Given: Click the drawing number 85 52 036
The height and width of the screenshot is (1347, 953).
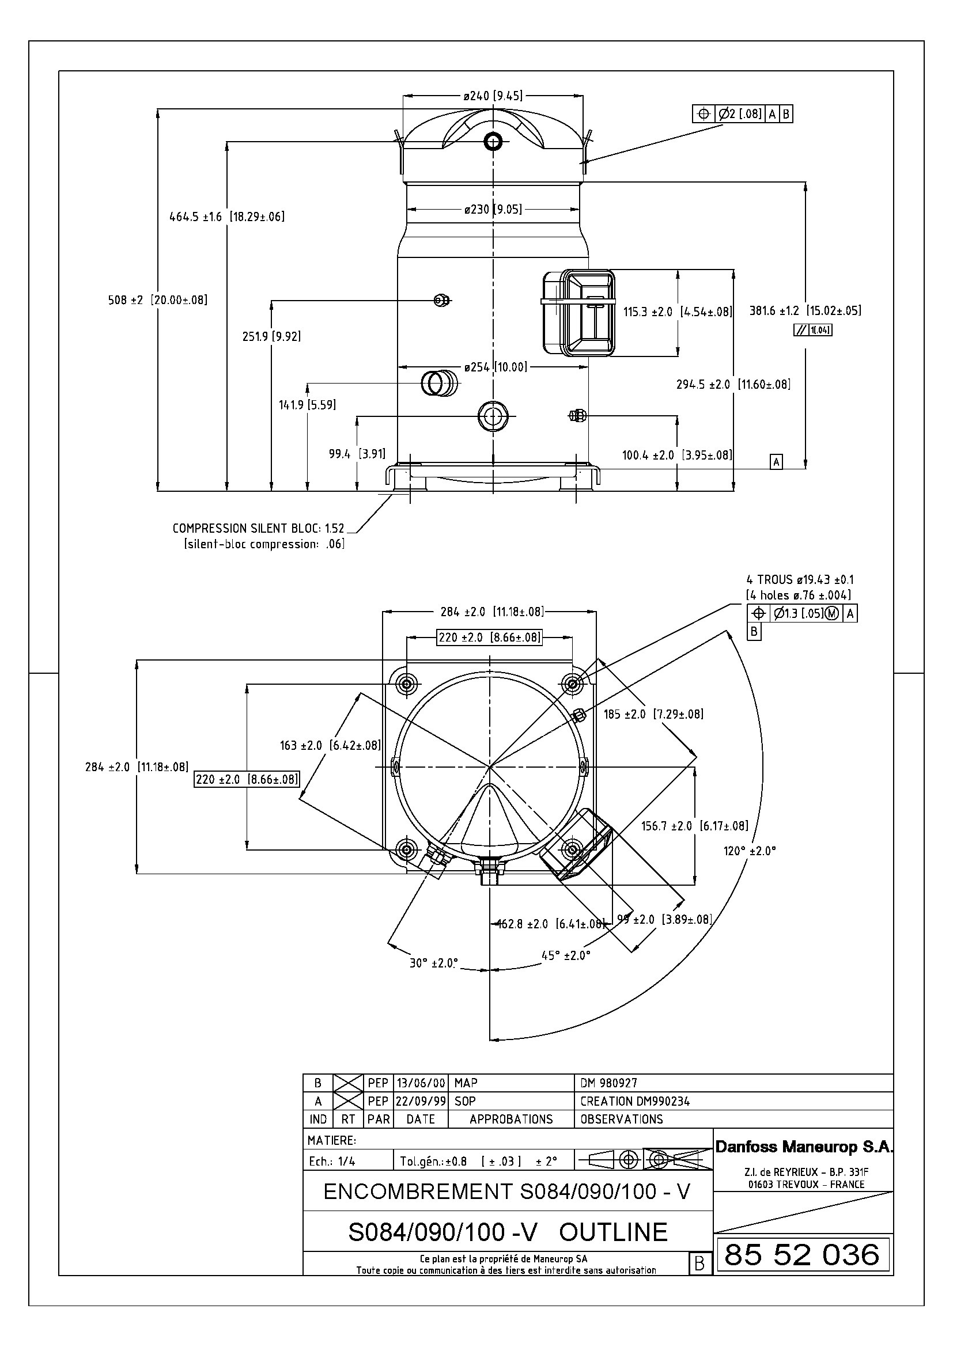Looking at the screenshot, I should coord(801,1255).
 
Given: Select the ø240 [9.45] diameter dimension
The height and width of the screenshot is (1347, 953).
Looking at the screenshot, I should coord(492,96).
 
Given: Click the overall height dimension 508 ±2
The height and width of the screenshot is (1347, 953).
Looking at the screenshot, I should coord(157,300).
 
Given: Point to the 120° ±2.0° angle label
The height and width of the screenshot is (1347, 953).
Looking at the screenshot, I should coord(750,851).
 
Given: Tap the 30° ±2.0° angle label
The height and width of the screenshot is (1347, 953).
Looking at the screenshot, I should coord(434,963).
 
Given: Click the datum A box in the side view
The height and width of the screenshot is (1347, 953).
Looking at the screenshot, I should coord(776,462).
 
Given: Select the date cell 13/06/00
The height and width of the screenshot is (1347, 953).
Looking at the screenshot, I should coord(420,1083).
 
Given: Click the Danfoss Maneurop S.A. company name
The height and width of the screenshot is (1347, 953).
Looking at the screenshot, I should coord(803,1147).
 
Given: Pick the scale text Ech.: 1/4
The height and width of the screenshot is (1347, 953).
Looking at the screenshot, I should coord(332,1162).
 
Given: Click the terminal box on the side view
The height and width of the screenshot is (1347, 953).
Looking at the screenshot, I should coord(578,313).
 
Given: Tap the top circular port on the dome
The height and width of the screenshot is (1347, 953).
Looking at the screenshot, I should coord(492,141).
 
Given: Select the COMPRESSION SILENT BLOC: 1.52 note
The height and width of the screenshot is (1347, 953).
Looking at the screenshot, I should coord(258,528).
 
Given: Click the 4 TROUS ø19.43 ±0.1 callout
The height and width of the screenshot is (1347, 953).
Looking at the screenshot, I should coord(799,580).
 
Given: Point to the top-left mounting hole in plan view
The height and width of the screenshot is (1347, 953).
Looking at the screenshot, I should coord(407,683).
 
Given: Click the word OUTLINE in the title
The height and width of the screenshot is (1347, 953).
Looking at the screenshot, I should coord(613,1232).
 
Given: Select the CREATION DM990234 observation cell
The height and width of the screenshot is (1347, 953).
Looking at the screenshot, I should coord(635,1101).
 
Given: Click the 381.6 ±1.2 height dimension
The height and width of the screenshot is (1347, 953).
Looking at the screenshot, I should coord(805,311).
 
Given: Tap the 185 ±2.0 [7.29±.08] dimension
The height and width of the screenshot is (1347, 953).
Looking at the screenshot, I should coord(653,714).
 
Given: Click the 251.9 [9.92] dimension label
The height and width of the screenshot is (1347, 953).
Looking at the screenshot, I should coord(272,337).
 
